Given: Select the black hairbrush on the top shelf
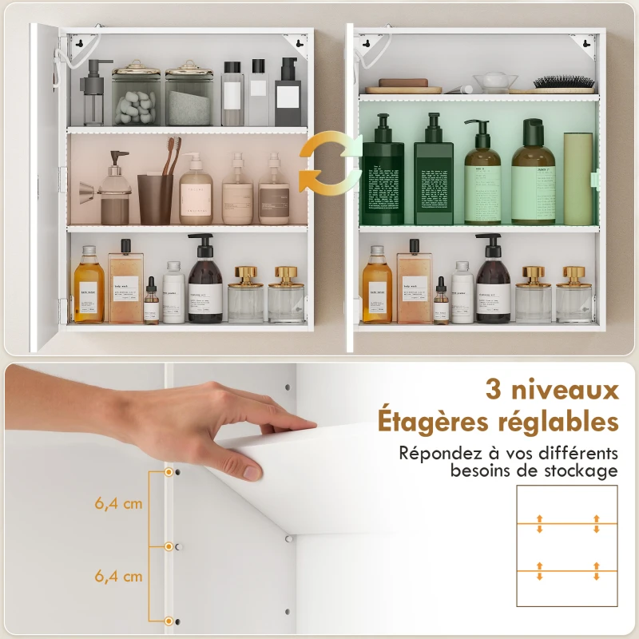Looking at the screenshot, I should coord(565,82).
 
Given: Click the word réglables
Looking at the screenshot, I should coord(558,422).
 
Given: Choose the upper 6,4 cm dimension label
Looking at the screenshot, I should coord(118,504).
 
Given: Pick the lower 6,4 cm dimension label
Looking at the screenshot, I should coord(118,576).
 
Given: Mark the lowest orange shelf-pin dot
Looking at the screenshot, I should coord(169,621).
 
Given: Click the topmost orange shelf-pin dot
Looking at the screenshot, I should coord(169,473).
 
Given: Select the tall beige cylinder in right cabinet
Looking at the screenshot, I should coord(577,178).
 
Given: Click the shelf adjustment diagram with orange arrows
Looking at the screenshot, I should coord(567,547).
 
